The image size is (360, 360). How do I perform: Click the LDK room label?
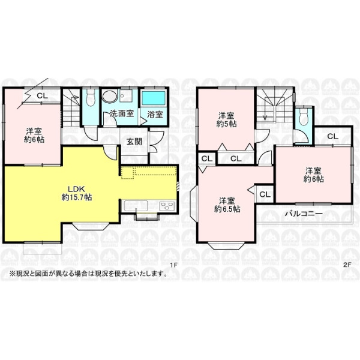coord(77,189)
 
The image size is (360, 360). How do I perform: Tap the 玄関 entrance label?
coord(134,142)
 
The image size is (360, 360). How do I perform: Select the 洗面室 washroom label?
coord(121,113)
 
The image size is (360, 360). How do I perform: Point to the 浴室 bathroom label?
coord(155,114)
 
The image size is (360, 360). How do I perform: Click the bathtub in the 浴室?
coord(154,98)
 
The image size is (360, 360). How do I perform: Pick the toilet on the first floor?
coord(90,98)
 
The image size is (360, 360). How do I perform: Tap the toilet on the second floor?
coord(303,117)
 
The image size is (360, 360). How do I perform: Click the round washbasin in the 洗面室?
coord(110,97)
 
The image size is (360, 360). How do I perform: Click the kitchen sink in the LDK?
coord(136,205)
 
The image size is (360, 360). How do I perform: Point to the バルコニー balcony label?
coord(304,214)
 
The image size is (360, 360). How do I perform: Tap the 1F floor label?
coord(174,265)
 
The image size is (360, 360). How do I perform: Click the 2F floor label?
coord(347,265)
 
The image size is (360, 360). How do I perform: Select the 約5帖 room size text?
coord(226,124)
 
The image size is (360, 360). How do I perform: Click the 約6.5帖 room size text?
coord(227,209)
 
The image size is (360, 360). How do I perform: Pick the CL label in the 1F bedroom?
coord(43,95)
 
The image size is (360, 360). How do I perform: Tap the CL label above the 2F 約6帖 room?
coord(332,136)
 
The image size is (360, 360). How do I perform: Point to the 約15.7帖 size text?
coord(77,197)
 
